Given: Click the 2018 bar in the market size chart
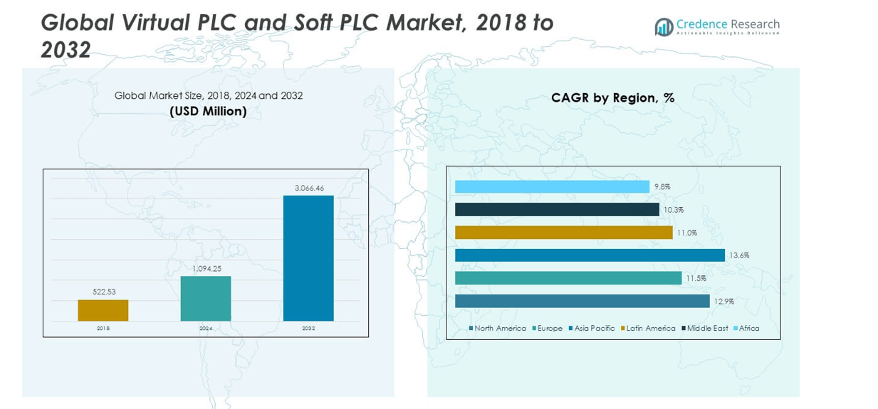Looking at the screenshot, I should [x=103, y=310].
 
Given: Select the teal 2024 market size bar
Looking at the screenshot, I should [x=206, y=298].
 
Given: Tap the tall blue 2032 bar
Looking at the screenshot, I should [x=308, y=258].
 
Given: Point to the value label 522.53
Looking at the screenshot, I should [x=103, y=292].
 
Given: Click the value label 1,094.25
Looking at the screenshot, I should [x=206, y=268].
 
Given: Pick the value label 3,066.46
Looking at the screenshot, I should [x=309, y=188].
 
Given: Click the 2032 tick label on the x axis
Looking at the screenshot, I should [x=308, y=329].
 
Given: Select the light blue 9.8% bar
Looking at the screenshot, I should [x=552, y=186].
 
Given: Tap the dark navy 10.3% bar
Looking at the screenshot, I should [x=557, y=210].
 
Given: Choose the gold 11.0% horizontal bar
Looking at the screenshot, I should [x=563, y=233].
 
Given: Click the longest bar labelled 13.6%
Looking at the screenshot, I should [x=590, y=255].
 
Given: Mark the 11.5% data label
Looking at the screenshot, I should [x=696, y=278].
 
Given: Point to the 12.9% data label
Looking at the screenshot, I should [x=724, y=302].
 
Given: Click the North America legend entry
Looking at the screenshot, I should [x=499, y=329].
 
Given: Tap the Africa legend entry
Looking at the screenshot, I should [x=748, y=329].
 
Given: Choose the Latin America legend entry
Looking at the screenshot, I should [x=650, y=329].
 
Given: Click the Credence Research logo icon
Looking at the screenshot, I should [x=664, y=27].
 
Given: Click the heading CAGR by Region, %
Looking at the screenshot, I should [x=612, y=98].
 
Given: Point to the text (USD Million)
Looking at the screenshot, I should [x=208, y=111].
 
